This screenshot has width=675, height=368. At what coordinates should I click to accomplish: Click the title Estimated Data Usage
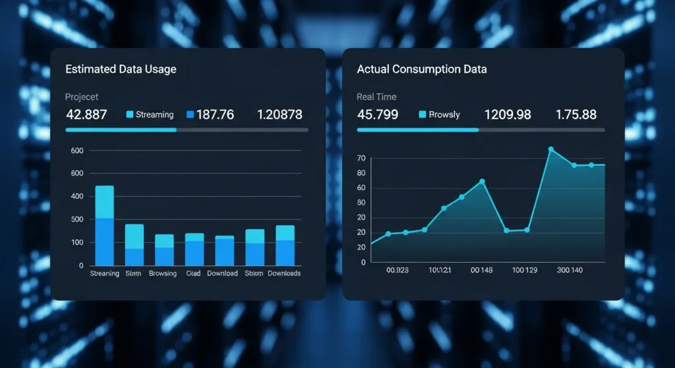(x=121, y=69)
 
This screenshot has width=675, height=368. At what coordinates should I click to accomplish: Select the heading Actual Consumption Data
(x=421, y=69)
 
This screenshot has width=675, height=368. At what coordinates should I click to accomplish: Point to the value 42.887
(x=86, y=115)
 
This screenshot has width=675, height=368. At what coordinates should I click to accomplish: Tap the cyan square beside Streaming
(x=130, y=115)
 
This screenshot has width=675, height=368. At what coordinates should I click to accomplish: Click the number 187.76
(x=215, y=115)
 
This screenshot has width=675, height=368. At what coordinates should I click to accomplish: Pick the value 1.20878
(x=279, y=115)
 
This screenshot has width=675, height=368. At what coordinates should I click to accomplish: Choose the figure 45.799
(x=377, y=115)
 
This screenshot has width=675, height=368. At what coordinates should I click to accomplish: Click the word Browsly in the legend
(x=444, y=115)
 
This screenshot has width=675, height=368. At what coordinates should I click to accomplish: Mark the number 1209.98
(x=508, y=115)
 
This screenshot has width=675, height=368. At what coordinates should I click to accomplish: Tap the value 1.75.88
(x=576, y=115)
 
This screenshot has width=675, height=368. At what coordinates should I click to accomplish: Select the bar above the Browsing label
(x=164, y=250)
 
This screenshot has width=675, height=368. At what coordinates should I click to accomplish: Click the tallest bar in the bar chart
(x=105, y=225)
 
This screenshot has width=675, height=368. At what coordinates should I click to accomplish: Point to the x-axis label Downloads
(x=284, y=273)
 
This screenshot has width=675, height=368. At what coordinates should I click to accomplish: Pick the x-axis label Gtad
(x=193, y=273)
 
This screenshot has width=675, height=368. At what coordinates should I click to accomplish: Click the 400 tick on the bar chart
(x=77, y=196)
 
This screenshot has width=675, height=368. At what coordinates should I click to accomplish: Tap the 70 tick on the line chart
(x=361, y=159)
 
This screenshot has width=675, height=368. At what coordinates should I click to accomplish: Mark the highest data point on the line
(x=551, y=149)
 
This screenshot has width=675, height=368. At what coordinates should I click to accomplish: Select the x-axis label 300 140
(x=570, y=270)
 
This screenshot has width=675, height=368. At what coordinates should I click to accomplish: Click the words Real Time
(x=376, y=97)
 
